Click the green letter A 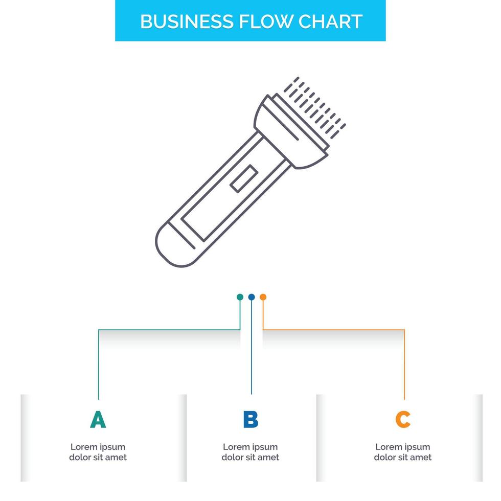(98, 420)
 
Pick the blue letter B (250, 420)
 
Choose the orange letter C (403, 420)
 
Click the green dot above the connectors (240, 297)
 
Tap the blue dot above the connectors (251, 297)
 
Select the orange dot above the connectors (263, 297)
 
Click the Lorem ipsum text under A (98, 452)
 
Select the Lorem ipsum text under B (250, 452)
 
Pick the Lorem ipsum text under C (403, 452)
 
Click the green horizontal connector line (169, 330)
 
